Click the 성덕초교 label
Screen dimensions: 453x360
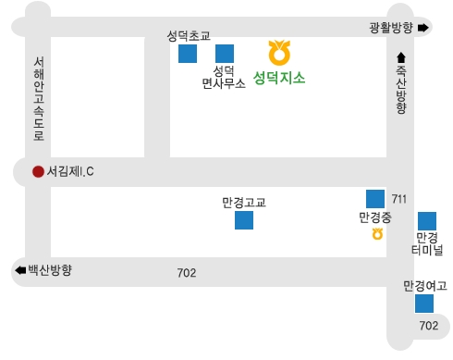coord(189,36)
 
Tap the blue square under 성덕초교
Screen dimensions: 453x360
coord(188,54)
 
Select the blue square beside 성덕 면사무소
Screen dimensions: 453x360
coord(224,54)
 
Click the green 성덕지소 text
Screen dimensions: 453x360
coord(279,78)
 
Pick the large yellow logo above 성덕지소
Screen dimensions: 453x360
coord(278,50)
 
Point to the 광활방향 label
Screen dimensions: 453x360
coord(389,28)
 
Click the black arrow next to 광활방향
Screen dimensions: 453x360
coord(423,28)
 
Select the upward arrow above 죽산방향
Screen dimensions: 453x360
coord(400,58)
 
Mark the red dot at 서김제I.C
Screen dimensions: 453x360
coord(38,171)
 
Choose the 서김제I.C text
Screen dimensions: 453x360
coord(71,171)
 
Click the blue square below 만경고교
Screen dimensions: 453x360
coord(244,220)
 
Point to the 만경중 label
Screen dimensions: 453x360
coord(375,218)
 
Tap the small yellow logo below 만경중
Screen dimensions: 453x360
coord(377,234)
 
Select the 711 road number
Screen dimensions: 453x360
coord(398,199)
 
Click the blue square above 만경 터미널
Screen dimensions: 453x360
coord(427,221)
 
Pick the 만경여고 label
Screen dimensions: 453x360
coord(424,285)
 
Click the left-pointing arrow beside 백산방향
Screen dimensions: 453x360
coord(19,270)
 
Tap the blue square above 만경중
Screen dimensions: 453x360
coord(375,198)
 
